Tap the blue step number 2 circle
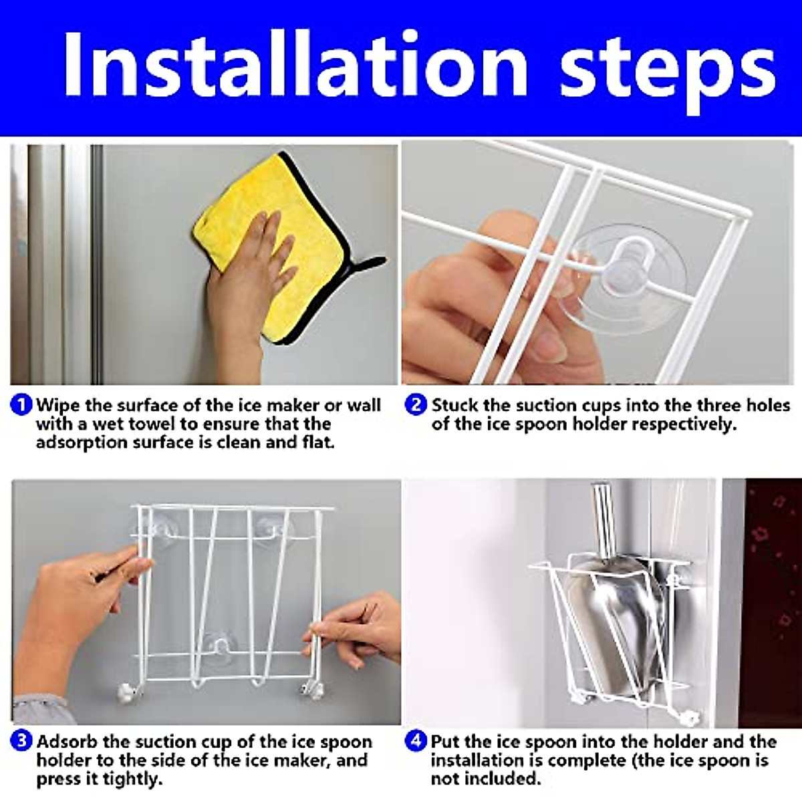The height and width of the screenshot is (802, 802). (x=415, y=405)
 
